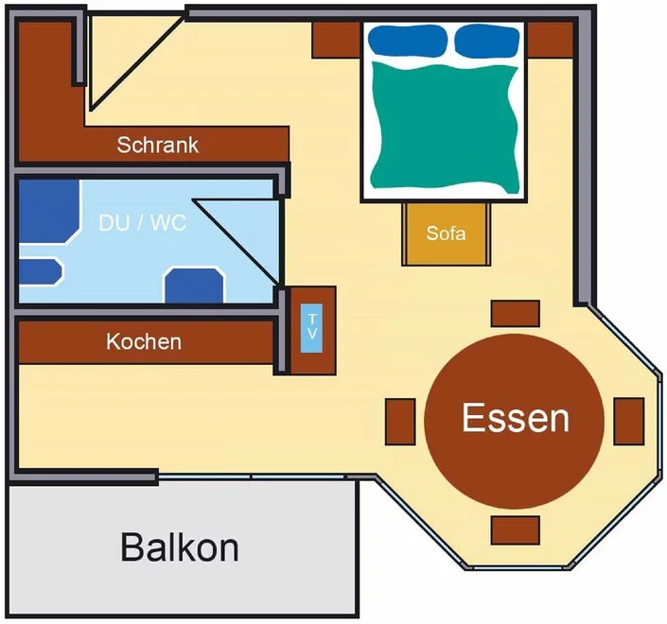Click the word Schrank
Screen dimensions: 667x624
[157, 145]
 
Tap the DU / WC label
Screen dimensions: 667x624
[143, 223]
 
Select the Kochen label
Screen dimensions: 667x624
[144, 341]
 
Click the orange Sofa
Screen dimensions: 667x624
[446, 234]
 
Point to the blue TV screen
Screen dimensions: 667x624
[311, 328]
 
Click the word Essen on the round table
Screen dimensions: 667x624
[515, 418]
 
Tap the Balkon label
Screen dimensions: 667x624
[180, 547]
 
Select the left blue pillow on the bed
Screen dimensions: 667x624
[408, 40]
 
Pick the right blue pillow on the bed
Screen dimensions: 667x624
[487, 40]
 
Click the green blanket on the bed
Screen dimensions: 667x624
[445, 127]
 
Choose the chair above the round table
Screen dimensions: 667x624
[515, 314]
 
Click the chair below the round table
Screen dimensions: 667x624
[515, 530]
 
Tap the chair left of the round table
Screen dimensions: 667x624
[400, 422]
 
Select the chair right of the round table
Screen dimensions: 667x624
[629, 422]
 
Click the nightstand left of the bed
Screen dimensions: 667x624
[337, 40]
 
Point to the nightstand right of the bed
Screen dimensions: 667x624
[551, 40]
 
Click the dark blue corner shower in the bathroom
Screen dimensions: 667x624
[47, 211]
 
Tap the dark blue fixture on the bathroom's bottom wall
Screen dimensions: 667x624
[194, 286]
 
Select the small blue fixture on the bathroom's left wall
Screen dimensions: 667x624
[40, 271]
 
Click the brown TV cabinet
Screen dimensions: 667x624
[311, 331]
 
